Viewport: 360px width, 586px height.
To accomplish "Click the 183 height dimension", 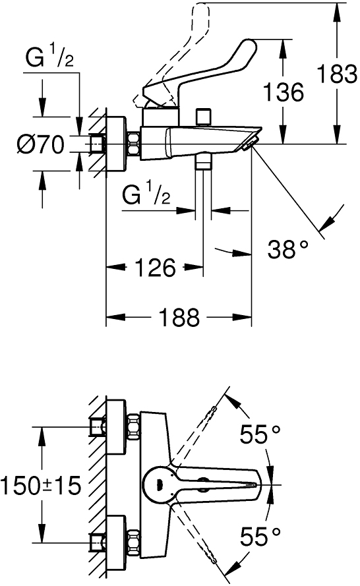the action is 337,74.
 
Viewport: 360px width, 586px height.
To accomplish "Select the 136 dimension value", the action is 284,92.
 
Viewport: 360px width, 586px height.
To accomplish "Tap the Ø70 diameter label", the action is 41,144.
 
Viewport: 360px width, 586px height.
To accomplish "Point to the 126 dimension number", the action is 155,267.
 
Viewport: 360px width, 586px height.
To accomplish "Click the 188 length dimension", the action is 179,317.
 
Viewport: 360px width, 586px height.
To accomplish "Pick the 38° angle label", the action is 288,249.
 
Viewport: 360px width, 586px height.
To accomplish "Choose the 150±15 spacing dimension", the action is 41,486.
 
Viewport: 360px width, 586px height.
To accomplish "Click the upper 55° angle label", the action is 260,434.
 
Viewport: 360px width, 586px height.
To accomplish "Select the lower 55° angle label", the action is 260,537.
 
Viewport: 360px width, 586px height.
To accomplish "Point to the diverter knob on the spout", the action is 203,117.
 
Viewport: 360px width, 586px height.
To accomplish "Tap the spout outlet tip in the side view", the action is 251,144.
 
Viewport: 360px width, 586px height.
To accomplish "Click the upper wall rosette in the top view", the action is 116,427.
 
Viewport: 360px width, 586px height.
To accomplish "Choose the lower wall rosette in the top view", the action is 116,542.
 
